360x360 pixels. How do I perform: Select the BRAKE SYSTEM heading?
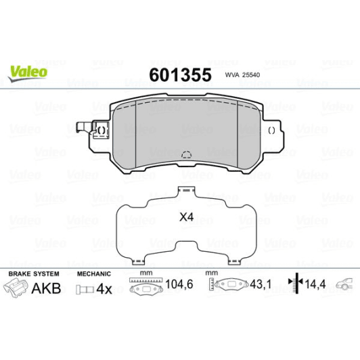coord(33,274)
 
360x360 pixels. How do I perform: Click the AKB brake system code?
coord(47,289)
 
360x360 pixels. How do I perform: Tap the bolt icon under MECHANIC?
coord(83,290)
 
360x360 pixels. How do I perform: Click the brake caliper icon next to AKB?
coord(19,289)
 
